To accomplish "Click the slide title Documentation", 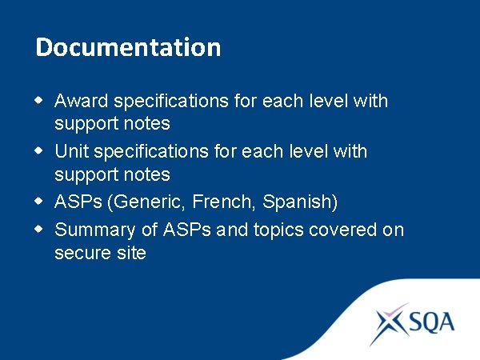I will [x=128, y=47].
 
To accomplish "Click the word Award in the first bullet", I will [x=82, y=102].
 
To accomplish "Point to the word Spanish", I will [x=300, y=201].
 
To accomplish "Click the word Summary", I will [x=91, y=230].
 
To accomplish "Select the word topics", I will [x=282, y=230].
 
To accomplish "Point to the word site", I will [x=130, y=254].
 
